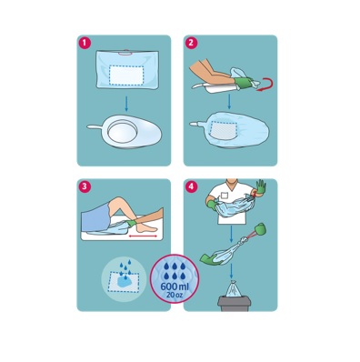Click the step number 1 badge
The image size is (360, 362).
pyautogui.click(x=85, y=43)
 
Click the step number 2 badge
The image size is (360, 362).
pyautogui.click(x=191, y=43)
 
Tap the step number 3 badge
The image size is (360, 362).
pyautogui.click(x=85, y=186)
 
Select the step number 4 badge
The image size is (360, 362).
pyautogui.click(x=191, y=186)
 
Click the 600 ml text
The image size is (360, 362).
pyautogui.click(x=175, y=287)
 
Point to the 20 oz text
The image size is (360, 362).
pyautogui.click(x=175, y=295)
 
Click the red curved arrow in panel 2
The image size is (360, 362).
pyautogui.click(x=265, y=84)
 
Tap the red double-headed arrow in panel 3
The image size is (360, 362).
pyautogui.click(x=143, y=236)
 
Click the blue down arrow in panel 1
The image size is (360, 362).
pyautogui.click(x=126, y=104)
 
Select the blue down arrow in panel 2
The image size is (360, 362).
pyautogui.click(x=229, y=101)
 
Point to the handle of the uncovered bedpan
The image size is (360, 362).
pyautogui.click(x=95, y=126)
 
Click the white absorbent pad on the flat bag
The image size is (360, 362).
pyautogui.click(x=126, y=75)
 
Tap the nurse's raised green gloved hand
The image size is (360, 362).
pyautogui.click(x=261, y=186)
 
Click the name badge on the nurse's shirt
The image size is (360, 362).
pyautogui.click(x=224, y=196)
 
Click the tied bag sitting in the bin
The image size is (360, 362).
pyautogui.click(x=234, y=288)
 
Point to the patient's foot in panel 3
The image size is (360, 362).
pyautogui.click(x=147, y=228)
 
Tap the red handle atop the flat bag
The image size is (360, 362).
pyautogui.click(x=125, y=54)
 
